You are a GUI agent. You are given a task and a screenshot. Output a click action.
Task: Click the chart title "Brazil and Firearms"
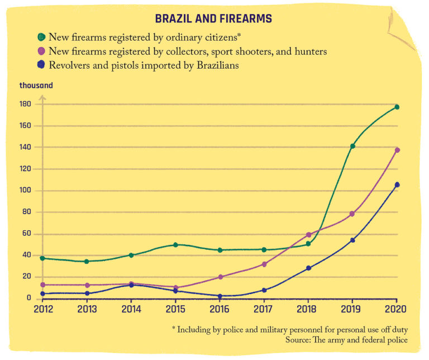213,19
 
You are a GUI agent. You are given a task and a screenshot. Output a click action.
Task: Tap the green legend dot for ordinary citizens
41,37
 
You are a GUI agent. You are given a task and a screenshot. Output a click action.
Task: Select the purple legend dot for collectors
41,51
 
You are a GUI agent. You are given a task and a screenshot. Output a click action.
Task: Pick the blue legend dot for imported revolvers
41,65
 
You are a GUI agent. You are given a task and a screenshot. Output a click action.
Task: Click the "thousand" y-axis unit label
36,86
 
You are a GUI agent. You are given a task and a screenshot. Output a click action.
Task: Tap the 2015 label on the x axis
175,308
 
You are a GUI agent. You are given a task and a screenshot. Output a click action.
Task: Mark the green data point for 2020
397,107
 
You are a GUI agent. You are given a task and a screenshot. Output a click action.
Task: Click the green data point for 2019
352,146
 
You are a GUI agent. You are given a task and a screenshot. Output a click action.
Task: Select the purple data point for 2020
397,150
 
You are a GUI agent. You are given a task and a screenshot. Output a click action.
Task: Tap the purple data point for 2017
264,264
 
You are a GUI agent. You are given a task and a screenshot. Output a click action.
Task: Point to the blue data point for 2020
397,184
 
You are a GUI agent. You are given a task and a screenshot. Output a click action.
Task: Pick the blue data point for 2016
220,296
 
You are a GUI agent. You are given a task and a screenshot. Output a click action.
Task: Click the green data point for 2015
175,245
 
